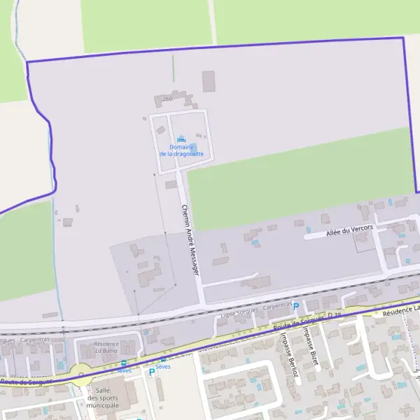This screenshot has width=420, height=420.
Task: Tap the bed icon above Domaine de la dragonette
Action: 183,138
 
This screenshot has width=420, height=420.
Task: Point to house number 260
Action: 167,99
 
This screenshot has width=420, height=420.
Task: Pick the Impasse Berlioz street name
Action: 287,354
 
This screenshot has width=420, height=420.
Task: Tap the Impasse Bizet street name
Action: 314,347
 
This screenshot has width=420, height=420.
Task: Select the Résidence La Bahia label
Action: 106,347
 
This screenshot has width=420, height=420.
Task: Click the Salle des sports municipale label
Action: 103,398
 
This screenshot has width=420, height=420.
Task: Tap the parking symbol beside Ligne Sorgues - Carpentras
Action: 295,307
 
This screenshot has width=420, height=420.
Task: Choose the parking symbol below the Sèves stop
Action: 151,372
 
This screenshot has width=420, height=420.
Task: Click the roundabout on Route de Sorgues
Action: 82,372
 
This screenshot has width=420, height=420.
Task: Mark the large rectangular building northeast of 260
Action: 209,81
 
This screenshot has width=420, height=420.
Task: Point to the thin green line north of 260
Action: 173,68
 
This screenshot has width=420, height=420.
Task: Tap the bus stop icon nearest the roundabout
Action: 124,363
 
